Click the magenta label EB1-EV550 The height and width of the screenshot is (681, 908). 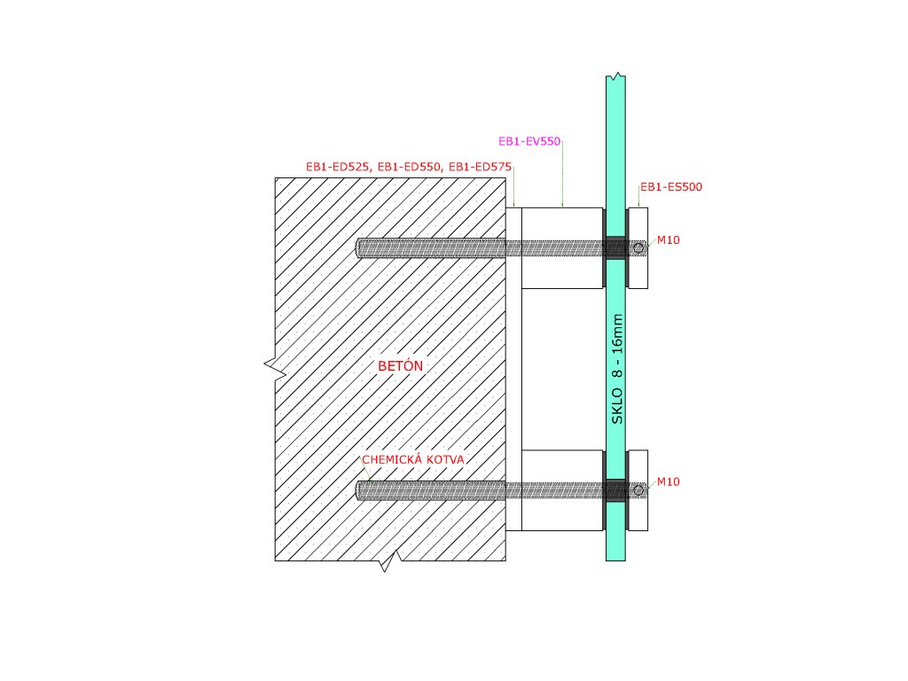[530, 141]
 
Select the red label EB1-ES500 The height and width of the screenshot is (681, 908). [671, 187]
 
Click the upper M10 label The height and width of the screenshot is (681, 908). [668, 240]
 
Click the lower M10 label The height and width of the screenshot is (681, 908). [668, 481]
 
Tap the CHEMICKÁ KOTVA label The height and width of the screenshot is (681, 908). [413, 459]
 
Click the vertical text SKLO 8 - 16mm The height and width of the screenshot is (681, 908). [617, 368]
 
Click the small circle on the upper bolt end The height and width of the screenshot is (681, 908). [638, 247]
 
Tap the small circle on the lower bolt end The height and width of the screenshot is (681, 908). [638, 489]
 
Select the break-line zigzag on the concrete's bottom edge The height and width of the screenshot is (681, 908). [385, 562]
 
